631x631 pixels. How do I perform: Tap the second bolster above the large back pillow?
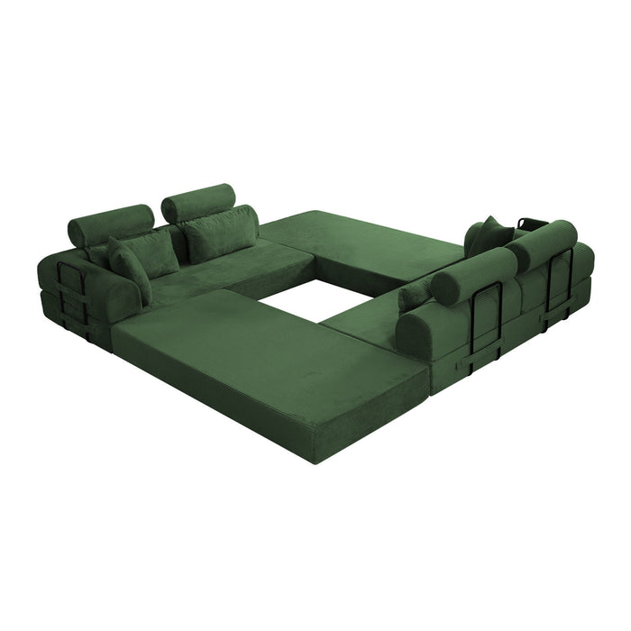[x=198, y=202]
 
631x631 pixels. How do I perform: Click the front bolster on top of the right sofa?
[x=473, y=275]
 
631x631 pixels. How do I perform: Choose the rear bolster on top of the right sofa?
[x=541, y=245]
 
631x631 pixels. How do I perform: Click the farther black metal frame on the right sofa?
[x=559, y=284]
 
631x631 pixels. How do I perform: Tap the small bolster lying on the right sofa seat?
[x=415, y=294]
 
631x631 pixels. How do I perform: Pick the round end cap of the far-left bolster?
[x=77, y=233]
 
